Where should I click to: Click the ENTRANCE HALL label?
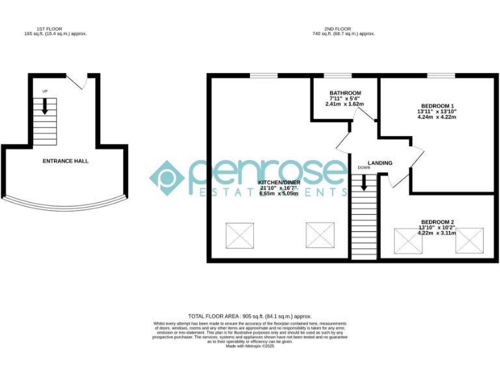point(65,161)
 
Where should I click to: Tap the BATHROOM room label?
point(344,92)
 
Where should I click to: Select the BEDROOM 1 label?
point(437,105)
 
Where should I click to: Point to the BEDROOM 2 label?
point(437,221)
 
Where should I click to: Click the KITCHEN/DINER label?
point(279,182)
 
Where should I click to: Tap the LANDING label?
point(380,163)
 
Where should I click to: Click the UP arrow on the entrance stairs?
point(45,107)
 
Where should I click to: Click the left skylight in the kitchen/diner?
point(240,235)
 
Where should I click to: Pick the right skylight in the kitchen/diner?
point(320,235)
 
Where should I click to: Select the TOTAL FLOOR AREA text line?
point(250,315)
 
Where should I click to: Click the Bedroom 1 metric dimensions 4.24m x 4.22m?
point(437,117)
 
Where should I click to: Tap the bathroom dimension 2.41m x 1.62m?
point(344,104)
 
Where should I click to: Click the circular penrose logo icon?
point(167,178)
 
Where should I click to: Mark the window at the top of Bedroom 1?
point(441,76)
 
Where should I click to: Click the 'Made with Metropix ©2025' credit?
point(250,346)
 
